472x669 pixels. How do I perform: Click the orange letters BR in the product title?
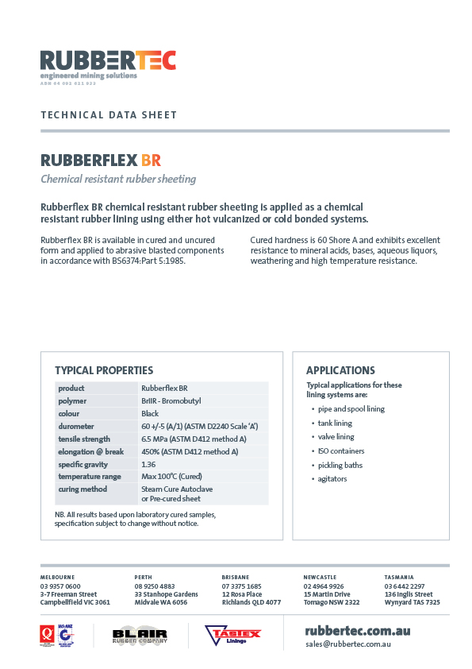point(151,160)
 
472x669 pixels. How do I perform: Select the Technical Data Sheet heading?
point(109,115)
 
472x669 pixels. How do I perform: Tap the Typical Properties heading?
point(104,370)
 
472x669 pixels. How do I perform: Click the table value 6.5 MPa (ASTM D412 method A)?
point(194,439)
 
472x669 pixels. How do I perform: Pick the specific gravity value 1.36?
point(148,464)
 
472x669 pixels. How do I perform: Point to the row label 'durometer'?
point(77,427)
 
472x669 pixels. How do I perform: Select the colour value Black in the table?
point(150,414)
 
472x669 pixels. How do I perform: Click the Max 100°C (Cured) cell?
point(170,477)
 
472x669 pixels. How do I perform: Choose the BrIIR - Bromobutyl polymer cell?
point(170,401)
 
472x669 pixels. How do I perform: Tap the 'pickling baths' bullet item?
point(340,465)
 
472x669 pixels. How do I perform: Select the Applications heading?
point(340,370)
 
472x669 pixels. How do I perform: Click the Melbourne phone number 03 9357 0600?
point(60,586)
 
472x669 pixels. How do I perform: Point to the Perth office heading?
point(143,577)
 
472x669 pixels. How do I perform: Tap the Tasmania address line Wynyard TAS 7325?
point(412,602)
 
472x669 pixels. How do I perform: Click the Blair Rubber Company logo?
point(139,635)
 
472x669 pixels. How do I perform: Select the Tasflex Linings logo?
point(233,635)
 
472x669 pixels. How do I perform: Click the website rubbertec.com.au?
point(357,630)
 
